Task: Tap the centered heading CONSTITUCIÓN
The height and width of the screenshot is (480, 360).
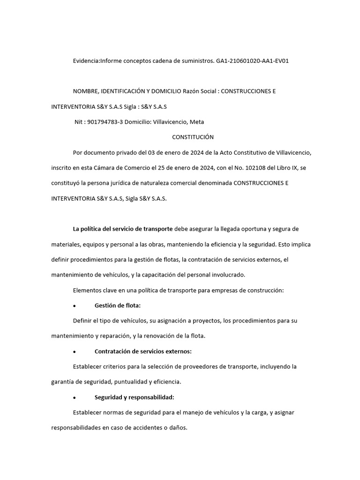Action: (193, 137)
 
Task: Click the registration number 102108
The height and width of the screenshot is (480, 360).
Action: (252, 168)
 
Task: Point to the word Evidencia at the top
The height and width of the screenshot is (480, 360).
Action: (86, 61)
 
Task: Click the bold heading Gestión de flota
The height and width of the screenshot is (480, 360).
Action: (117, 306)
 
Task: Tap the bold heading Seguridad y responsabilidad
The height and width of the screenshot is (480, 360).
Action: (134, 397)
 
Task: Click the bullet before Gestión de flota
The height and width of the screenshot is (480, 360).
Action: (75, 306)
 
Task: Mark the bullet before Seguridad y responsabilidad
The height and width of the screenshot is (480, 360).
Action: (75, 398)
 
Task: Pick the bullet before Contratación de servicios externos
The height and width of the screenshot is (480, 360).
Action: (75, 352)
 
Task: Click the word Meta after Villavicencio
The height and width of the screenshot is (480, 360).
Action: (196, 122)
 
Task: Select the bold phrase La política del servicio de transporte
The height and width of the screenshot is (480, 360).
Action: (123, 229)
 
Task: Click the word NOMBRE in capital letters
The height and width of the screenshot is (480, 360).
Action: (86, 91)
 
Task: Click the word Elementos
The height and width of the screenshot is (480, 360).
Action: (88, 290)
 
